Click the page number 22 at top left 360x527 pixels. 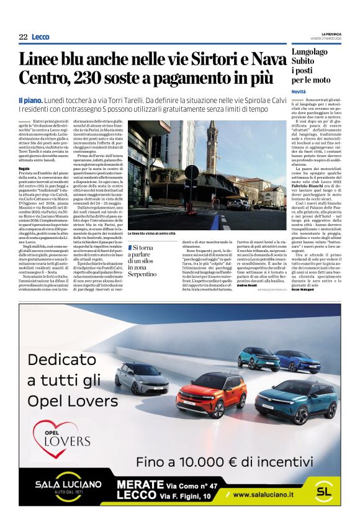[x=23, y=37]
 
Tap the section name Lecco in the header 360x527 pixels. [x=40, y=37]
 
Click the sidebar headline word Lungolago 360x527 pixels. [x=312, y=52]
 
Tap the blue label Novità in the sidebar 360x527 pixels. [x=299, y=91]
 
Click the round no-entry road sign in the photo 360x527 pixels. [x=192, y=172]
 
